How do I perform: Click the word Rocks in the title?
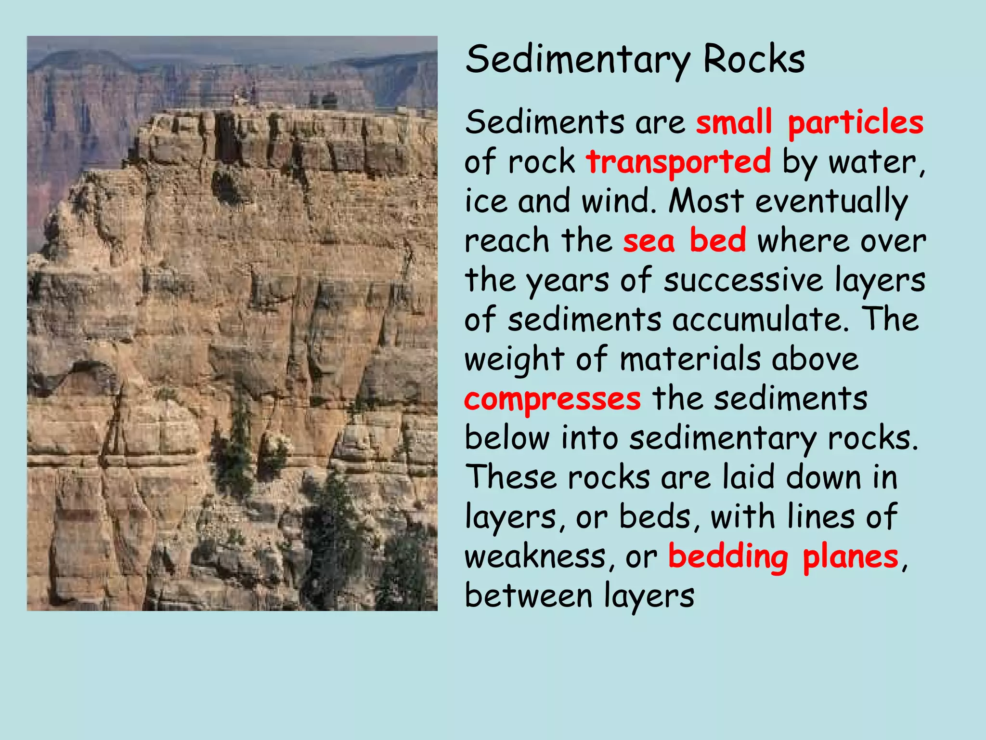753,60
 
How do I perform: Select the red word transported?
678,161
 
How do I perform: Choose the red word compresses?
552,399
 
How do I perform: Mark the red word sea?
649,240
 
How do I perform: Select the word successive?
743,280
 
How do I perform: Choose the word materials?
690,359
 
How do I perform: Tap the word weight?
514,360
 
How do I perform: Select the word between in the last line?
528,596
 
